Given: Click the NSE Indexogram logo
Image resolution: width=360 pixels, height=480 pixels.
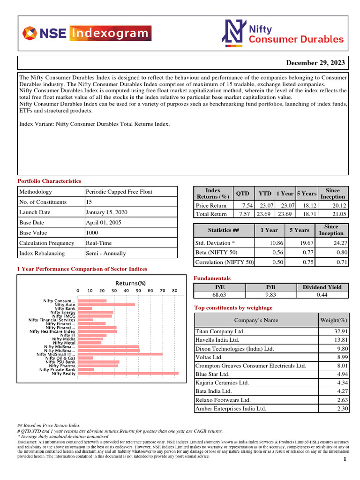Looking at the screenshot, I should (x=87, y=34).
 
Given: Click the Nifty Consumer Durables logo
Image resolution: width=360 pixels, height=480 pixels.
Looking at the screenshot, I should (x=283, y=34).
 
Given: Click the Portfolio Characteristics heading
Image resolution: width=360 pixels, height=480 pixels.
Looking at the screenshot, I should (x=49, y=181).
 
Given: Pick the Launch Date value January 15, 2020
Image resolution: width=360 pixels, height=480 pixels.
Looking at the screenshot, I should (x=106, y=212).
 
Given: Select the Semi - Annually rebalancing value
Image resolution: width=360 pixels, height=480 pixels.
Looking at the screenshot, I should (x=105, y=254).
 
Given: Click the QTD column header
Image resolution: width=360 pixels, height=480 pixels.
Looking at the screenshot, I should (x=242, y=194).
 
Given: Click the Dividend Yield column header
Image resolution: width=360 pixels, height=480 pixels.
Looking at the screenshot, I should (x=322, y=287).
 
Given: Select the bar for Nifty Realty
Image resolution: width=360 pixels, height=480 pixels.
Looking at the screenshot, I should (x=128, y=374).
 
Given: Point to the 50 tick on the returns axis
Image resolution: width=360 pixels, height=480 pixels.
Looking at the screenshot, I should (x=138, y=291).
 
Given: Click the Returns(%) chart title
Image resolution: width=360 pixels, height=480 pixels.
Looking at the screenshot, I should (x=131, y=283).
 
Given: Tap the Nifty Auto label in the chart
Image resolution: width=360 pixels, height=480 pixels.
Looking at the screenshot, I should (x=65, y=305).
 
